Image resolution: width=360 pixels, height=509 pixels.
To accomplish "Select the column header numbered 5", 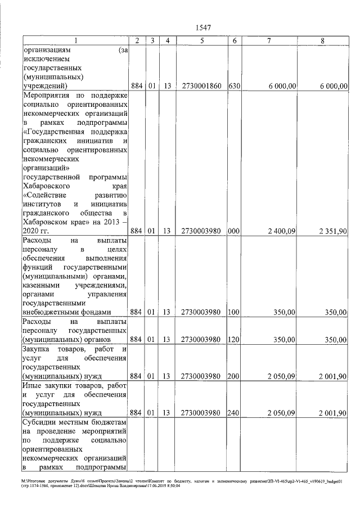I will tap(201, 40).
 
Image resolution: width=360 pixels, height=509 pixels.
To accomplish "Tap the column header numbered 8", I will tap(322, 40).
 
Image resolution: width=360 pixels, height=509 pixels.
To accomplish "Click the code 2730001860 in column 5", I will tap(201, 86).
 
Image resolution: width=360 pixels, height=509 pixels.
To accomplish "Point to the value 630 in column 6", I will tap(234, 86).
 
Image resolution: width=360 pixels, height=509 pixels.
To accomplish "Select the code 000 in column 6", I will tap(234, 231).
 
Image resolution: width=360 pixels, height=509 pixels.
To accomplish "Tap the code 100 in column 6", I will tap(234, 312).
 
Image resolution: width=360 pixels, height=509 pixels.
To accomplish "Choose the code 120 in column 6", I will tap(234, 340).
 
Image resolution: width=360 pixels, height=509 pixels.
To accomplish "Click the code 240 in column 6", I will tap(234, 413).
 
